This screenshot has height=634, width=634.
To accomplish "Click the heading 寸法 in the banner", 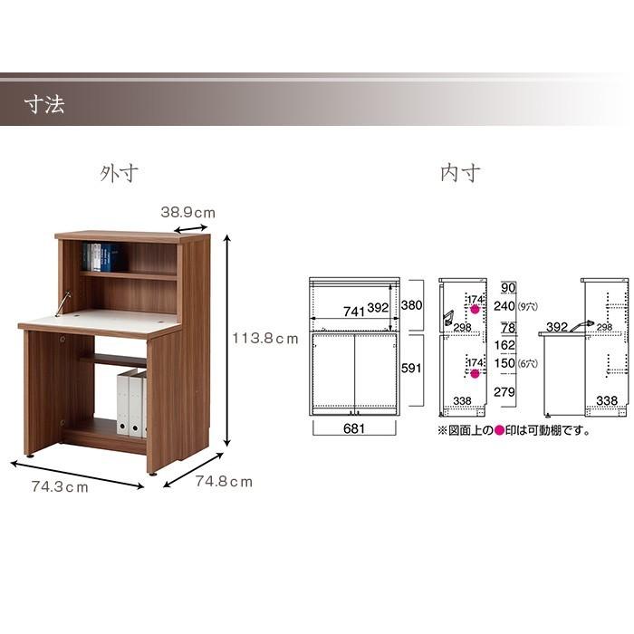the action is coord(44,105).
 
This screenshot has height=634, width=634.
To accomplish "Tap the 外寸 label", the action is coord(119,174).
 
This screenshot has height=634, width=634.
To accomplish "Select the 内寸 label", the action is coord(460,173).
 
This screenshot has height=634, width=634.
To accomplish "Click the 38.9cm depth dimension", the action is coord(188,212).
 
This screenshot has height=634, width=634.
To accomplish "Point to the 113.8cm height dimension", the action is coord(264,338).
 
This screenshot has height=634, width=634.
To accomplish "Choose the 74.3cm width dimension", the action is coord(60,487).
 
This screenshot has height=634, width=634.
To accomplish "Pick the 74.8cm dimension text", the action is coord(224,482).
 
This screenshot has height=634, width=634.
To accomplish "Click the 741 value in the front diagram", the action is coord(354,312).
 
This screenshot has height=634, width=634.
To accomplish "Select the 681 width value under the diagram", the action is coord(354,428).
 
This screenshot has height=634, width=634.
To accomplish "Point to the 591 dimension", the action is coord(411,368).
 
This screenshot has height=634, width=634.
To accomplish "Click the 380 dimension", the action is coord(411,305).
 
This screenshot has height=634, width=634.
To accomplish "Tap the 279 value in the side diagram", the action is coord(504,391).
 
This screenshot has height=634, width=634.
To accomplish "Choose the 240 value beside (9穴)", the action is coord(504,306).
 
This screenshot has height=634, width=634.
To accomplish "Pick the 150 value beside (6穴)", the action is coord(504,363).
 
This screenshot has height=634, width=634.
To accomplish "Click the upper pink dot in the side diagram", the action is coord(475,310).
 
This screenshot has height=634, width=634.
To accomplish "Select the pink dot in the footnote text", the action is coord(499,430).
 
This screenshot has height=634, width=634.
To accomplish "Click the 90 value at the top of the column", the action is coord(508,287).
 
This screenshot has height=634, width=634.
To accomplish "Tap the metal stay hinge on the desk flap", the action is coord(63,303).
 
